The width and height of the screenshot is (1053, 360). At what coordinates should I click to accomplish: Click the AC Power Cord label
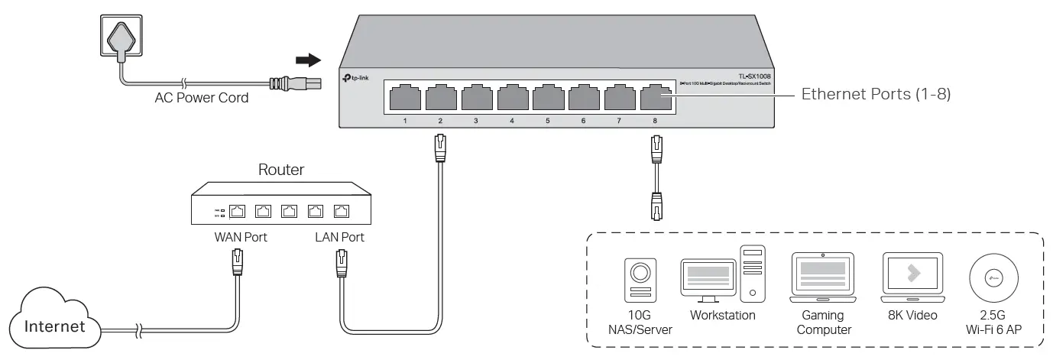[201, 98]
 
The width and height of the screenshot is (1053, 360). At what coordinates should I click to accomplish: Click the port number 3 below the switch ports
[475, 122]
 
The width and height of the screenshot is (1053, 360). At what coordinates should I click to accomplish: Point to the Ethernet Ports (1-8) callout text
[875, 96]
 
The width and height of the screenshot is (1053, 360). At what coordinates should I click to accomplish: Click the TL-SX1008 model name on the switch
[756, 75]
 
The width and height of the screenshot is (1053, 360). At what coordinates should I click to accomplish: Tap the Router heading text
[280, 170]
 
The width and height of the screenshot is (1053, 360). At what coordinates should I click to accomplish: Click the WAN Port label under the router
[241, 237]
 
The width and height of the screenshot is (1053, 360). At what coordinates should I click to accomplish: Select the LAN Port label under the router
[339, 237]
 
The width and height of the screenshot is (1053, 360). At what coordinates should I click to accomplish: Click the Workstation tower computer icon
[751, 272]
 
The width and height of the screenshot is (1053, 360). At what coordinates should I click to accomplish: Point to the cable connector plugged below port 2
[440, 147]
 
